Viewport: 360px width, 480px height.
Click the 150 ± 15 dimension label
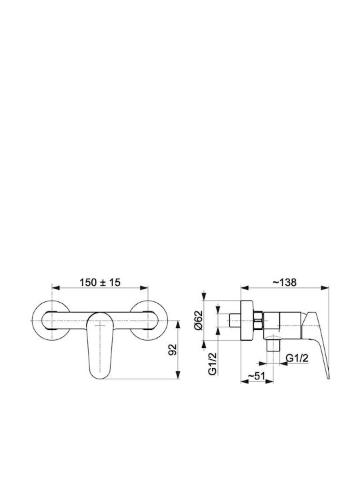100,282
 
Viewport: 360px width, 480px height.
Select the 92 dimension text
173,349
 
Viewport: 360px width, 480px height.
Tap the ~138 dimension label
285,282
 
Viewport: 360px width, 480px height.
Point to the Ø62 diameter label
199,320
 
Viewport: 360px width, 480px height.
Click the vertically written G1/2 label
213,363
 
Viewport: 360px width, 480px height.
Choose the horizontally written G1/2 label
297,358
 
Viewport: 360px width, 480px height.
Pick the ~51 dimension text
256,375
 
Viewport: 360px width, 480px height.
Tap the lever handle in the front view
100,345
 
